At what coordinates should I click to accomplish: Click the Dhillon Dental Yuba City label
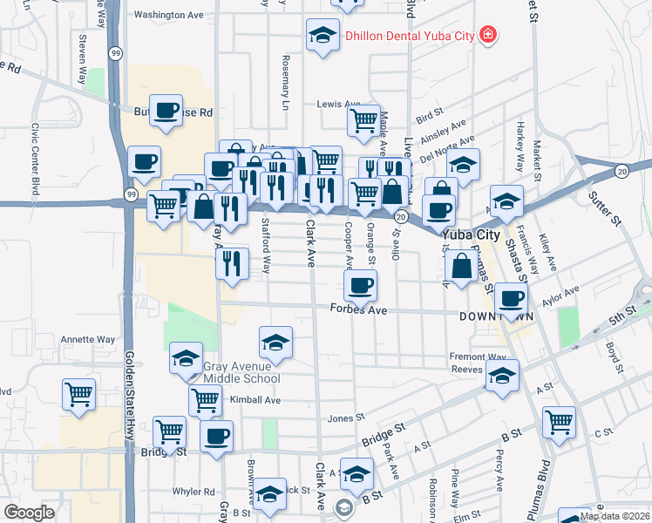pos(409,36)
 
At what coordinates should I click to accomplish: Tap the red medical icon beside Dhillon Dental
pos(488,35)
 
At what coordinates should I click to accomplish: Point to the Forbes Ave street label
pos(358,309)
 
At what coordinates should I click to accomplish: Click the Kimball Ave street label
pos(255,400)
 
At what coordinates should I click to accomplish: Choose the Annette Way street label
pos(87,339)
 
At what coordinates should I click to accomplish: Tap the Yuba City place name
pos(471,235)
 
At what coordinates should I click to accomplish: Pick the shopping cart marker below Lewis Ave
pos(363,118)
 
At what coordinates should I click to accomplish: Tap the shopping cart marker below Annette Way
pos(78,393)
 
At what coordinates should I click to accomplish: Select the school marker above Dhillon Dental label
pos(323,36)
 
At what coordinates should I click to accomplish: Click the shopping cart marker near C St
pos(559,421)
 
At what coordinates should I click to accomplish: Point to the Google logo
pos(30,513)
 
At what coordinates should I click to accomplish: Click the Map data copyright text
pos(615,516)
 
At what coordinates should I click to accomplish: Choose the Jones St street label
pos(338,418)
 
